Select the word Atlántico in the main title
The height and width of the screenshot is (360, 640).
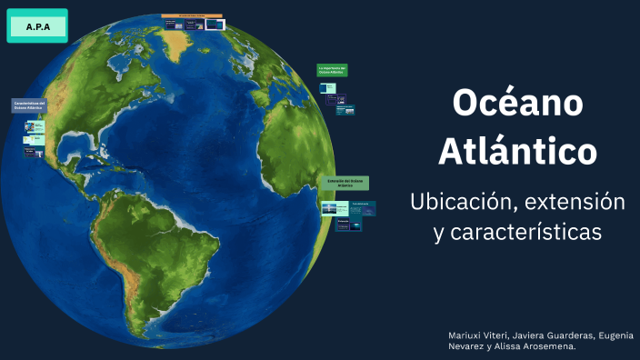(x=517, y=151)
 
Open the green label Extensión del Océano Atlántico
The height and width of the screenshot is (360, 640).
(x=343, y=183)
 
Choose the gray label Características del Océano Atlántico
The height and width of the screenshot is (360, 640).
(x=29, y=106)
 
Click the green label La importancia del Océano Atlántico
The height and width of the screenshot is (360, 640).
(x=332, y=70)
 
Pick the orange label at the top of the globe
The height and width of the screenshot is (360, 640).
(x=193, y=16)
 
